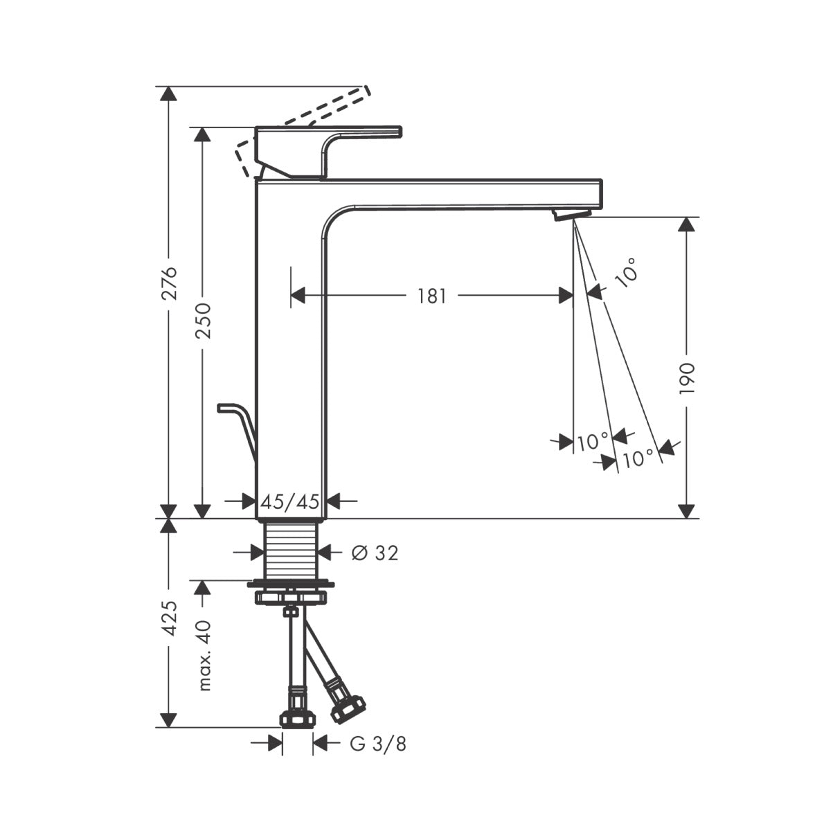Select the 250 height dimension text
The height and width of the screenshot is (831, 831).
point(203,320)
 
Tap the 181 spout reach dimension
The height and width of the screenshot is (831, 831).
point(431,296)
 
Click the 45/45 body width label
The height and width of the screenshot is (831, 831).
point(289,501)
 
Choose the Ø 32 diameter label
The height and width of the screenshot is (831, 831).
point(375,553)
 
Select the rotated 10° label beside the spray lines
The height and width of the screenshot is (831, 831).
point(626,270)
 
